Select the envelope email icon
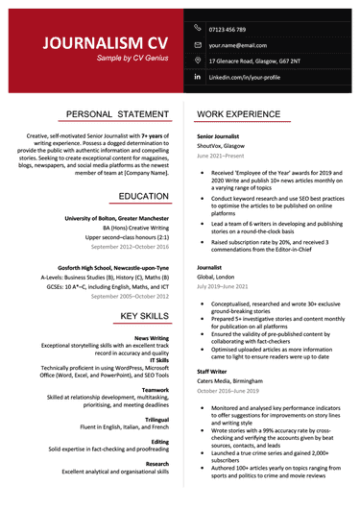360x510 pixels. (x=198, y=44)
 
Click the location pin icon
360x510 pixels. (x=198, y=60)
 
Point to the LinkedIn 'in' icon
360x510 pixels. (x=198, y=76)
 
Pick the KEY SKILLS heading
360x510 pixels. (x=141, y=316)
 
